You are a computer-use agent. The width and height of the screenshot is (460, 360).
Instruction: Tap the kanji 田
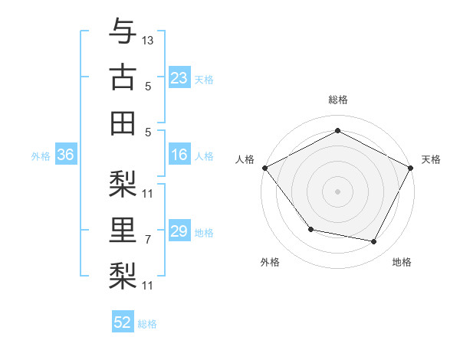point(123,123)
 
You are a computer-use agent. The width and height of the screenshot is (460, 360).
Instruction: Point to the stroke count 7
point(148,240)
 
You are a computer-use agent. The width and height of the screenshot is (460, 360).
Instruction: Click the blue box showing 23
point(179,78)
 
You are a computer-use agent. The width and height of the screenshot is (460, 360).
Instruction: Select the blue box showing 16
point(179,155)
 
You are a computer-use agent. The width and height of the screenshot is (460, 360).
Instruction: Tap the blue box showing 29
point(179,232)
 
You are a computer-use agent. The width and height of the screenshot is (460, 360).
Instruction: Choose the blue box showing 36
point(65,155)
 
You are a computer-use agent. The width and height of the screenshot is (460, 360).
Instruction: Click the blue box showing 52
point(123,322)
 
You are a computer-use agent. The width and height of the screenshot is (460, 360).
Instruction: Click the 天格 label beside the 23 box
point(204,79)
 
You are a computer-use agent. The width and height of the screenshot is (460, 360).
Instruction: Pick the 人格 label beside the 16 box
point(204,156)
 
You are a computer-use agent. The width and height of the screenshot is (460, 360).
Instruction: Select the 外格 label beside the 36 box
point(41,156)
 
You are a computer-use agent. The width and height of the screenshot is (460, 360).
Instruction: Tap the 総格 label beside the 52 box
point(148,324)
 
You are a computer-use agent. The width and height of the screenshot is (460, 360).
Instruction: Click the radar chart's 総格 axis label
point(337,100)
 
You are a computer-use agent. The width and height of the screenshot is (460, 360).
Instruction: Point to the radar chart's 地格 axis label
point(402,263)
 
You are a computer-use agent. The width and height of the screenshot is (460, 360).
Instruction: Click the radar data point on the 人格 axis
point(264,168)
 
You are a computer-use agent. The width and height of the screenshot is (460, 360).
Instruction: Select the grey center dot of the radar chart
point(337,191)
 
